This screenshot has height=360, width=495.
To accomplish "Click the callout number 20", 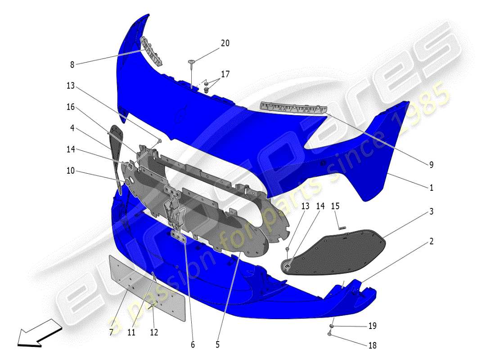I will coord(225,43).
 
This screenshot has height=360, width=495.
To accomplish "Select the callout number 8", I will coord(72,64).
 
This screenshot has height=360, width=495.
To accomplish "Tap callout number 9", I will coord(431,165).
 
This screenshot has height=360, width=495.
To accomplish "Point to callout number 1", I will coord(431,188).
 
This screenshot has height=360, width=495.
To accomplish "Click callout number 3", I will coord(431,211).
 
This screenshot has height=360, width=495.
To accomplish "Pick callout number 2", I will coord(431,242).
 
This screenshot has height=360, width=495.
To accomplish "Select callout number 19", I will coord(373,326).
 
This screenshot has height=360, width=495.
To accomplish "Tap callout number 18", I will coord(373,346).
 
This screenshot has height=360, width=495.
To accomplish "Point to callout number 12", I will coord(154,333).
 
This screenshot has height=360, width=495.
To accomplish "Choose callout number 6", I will coord(193,345).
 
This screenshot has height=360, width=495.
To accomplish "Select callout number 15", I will coord(335,206).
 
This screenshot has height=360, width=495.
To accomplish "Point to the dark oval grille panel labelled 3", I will coord(342,250).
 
